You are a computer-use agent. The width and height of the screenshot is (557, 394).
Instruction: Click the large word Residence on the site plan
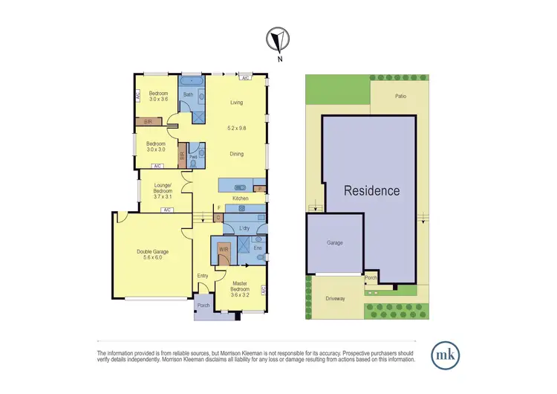point(371,190)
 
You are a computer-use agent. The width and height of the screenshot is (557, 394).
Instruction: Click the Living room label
point(237,103)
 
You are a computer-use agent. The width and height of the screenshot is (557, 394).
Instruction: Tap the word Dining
point(236,154)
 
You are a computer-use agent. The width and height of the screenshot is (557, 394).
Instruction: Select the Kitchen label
point(241,198)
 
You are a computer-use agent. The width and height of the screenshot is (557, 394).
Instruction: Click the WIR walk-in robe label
point(223,250)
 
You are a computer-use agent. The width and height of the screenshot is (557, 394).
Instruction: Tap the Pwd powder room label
point(193,158)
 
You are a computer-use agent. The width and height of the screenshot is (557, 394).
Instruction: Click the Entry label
point(203,276)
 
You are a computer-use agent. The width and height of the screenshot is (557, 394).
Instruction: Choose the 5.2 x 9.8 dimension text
point(237,129)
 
